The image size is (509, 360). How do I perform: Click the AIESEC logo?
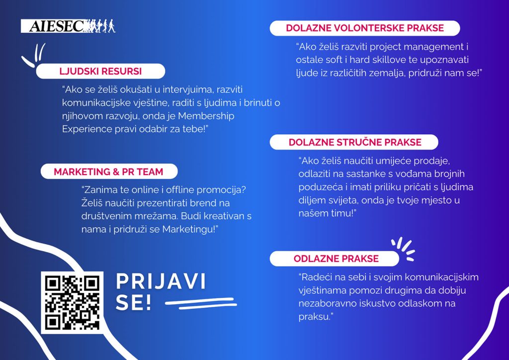click(68, 26)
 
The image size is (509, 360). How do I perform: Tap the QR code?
click(72, 302)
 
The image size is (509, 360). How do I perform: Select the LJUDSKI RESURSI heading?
click(100, 71)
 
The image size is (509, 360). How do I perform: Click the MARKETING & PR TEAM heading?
click(108, 172)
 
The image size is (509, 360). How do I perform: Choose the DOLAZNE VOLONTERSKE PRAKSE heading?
click(365, 28)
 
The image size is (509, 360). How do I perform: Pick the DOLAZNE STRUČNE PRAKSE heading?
click(355, 142)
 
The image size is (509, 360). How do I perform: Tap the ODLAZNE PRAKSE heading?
click(336, 259)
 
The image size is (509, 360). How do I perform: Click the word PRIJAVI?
click(161, 281)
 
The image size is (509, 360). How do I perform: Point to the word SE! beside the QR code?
click(133, 302)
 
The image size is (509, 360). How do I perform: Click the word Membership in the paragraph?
click(206, 116)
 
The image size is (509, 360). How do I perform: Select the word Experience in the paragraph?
click(87, 129)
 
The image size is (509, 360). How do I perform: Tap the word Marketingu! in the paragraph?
click(190, 230)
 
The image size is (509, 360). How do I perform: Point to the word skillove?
click(394, 60)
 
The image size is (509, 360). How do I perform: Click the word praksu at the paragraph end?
click(316, 317)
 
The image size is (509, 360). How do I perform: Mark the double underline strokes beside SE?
click(201, 304)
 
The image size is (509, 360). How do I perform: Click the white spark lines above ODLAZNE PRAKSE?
click(403, 249)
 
